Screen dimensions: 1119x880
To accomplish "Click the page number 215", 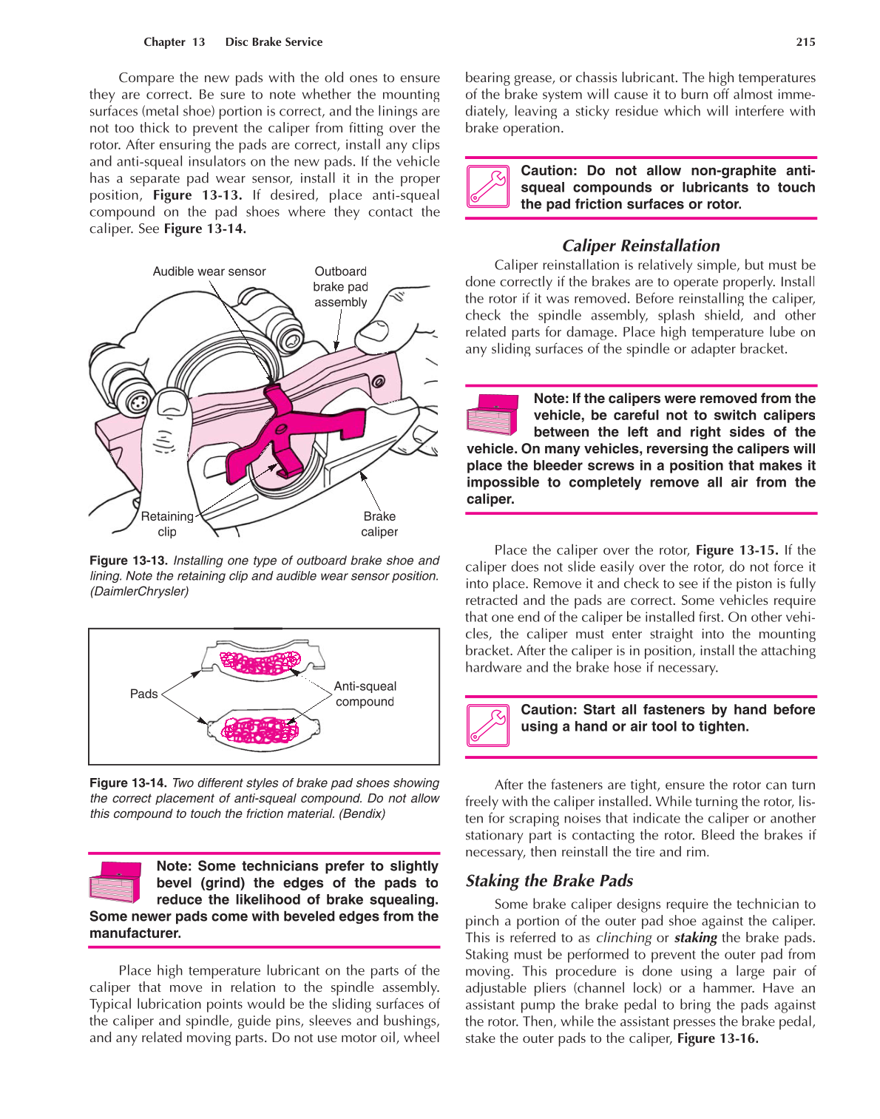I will (x=805, y=42).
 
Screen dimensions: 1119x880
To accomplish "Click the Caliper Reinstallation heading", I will (x=640, y=246).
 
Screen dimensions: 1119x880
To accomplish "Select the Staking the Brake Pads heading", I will (x=549, y=880).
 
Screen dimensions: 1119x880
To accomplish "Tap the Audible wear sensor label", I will (x=209, y=271).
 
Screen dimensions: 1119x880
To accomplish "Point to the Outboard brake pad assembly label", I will (x=340, y=287).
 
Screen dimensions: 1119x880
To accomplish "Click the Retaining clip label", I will (x=167, y=524).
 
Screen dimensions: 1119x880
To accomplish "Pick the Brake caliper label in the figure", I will (x=379, y=524).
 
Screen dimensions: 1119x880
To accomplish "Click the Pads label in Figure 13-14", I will (x=143, y=694).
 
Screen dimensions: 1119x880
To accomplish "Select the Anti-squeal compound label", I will (x=365, y=694).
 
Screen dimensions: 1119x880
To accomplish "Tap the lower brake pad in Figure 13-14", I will (x=263, y=729).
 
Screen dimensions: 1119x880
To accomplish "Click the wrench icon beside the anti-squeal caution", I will (x=488, y=186).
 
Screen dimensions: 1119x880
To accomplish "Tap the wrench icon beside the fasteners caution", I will (x=488, y=725).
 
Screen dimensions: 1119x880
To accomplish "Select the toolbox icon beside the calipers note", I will (x=493, y=414).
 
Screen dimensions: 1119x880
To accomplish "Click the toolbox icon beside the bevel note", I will (x=115, y=882).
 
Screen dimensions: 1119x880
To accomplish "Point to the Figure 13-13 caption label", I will (x=128, y=561).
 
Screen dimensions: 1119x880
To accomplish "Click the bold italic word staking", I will (x=695, y=938).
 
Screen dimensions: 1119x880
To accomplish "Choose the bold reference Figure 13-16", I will (x=717, y=1038).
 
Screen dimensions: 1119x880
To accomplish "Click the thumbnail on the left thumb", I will (x=172, y=403).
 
